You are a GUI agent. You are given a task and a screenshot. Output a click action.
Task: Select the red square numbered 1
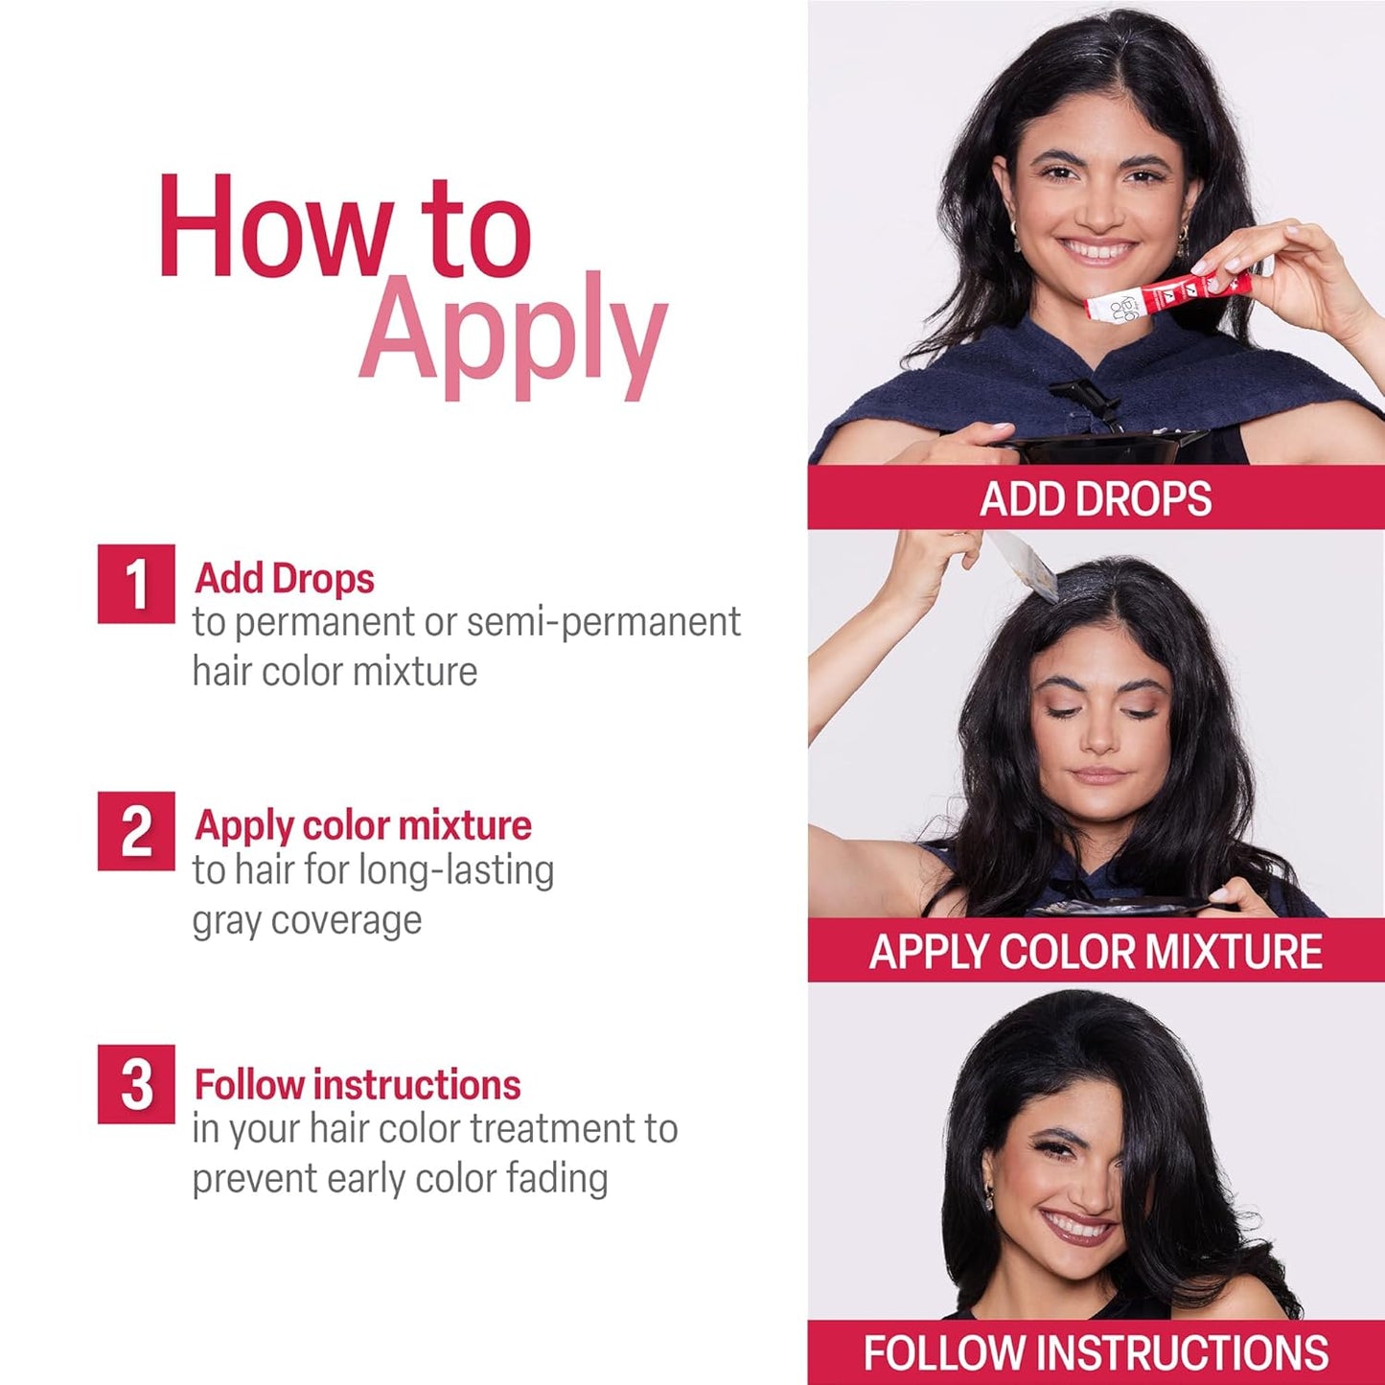point(136,584)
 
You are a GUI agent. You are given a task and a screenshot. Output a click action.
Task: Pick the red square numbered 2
point(136,831)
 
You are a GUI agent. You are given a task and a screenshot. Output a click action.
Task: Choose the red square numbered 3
point(136,1084)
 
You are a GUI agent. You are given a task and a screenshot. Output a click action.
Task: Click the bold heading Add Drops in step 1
point(284,579)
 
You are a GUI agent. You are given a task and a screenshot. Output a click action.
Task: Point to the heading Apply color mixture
point(362,825)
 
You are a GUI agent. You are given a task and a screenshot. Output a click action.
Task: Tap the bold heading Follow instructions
point(358,1085)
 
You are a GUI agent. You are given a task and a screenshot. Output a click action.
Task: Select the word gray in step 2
point(227,921)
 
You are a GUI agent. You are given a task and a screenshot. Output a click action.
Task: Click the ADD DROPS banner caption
point(1096,498)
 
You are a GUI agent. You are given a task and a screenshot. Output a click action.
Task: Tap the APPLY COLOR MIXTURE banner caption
point(1096,951)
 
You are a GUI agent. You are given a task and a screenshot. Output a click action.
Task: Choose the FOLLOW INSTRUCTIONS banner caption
point(1096,1352)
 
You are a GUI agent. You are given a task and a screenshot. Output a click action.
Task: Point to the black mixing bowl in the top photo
point(1102,446)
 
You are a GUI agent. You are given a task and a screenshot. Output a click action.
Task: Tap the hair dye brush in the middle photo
point(1026,566)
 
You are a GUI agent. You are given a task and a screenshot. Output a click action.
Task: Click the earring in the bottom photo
point(989,1197)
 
